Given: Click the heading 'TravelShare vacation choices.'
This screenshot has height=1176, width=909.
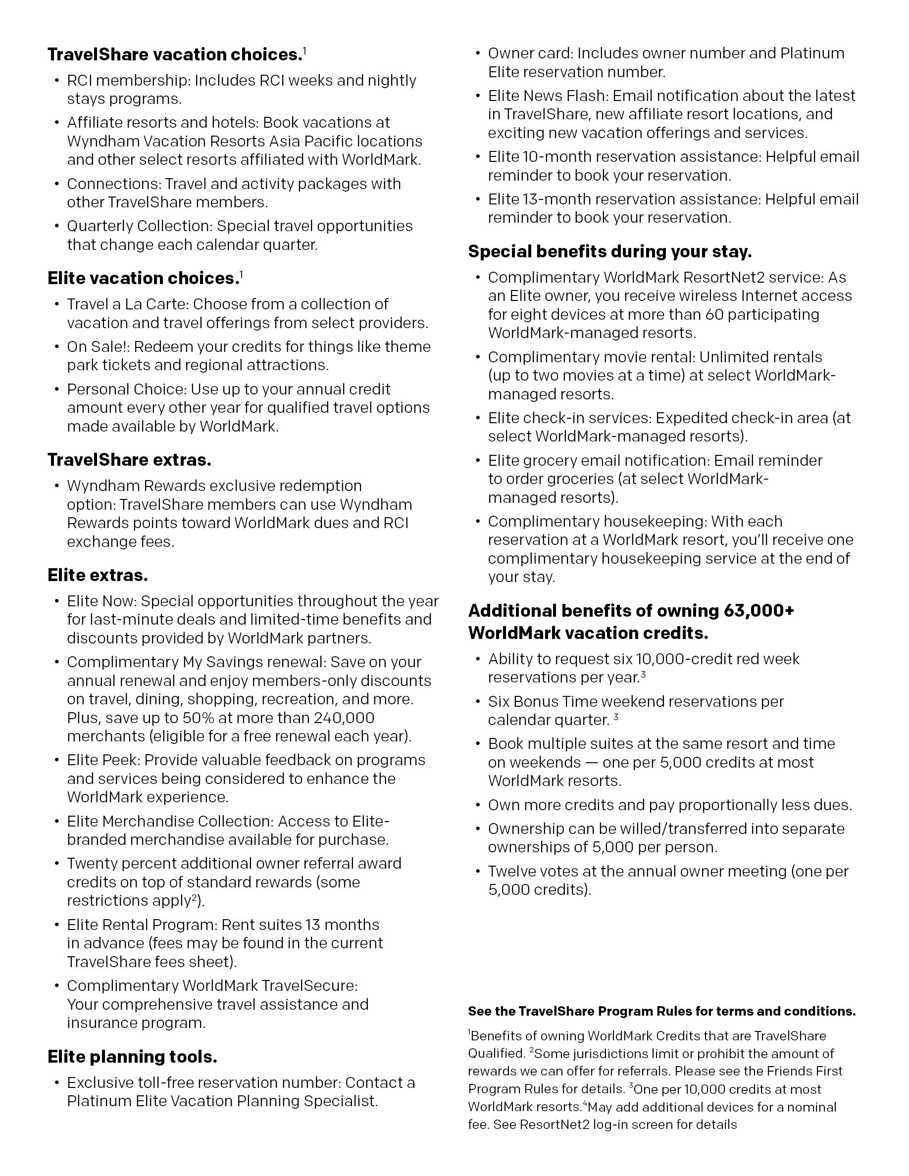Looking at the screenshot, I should click(x=174, y=55).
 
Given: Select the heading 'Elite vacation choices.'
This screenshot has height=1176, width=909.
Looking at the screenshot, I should click(x=143, y=278).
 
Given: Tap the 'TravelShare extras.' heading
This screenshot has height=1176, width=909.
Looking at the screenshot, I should click(x=129, y=460).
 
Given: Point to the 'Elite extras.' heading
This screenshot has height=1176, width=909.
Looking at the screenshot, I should click(x=98, y=575).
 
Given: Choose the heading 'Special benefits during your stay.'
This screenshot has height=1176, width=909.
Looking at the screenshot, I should click(x=609, y=251).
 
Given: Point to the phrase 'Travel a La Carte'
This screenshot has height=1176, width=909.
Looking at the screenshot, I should click(x=127, y=304).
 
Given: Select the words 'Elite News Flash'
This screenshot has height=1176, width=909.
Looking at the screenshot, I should click(x=546, y=96).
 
